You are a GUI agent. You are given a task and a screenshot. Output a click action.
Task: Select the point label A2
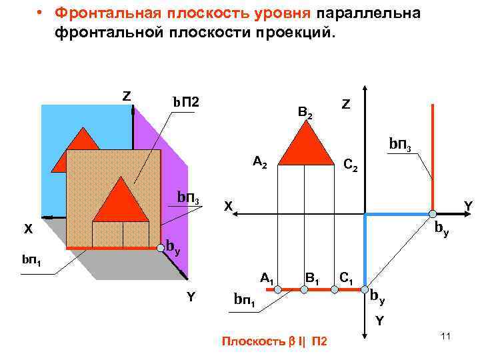coord(259,162)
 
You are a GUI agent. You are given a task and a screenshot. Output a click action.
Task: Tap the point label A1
coord(267,277)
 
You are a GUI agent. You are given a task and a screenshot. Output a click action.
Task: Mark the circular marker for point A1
coord(277,289)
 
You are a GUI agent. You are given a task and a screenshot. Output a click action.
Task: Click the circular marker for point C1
coord(364,289)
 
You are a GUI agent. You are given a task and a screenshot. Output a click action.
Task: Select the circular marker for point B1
coord(304,289)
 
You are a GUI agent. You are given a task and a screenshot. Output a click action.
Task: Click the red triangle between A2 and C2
coord(305,145)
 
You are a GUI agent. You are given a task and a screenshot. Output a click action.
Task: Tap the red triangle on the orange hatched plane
coord(121,202)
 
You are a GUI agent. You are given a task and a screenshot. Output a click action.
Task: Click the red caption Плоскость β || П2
coord(274,342)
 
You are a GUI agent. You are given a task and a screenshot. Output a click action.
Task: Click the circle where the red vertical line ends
coord(433,214)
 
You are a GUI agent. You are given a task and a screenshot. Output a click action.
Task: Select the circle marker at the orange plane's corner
coord(160,249)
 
